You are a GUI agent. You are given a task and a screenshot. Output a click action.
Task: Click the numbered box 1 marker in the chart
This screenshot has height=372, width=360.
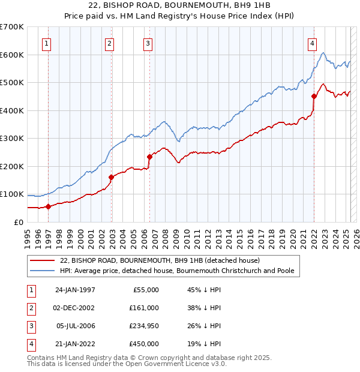click(47, 43)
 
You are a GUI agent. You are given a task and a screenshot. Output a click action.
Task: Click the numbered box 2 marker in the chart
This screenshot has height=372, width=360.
click(109, 43)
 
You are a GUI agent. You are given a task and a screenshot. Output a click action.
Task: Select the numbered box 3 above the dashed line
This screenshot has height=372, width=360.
click(148, 43)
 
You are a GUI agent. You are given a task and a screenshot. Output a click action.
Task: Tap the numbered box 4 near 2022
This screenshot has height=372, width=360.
click(313, 43)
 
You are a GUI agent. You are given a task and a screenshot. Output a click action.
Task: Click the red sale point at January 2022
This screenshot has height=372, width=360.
click(314, 96)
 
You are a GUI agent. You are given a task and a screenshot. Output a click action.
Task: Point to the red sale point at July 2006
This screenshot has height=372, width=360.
click(149, 157)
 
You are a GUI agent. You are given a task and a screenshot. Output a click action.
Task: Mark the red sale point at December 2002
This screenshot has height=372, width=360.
click(111, 177)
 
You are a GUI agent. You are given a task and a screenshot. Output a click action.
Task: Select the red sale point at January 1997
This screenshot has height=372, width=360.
click(49, 207)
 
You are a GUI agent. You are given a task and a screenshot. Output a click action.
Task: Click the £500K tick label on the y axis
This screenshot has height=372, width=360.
click(12, 83)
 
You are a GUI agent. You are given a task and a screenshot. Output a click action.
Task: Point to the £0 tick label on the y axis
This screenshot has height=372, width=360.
click(19, 222)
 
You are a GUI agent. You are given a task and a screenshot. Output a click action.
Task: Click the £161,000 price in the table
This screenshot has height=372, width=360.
click(144, 308)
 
